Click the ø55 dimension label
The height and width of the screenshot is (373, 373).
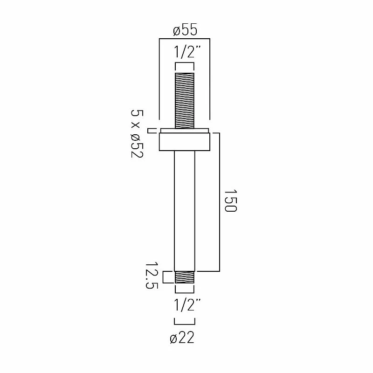(x=185, y=30)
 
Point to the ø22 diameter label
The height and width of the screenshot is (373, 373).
(x=182, y=338)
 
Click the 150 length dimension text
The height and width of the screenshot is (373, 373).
(x=230, y=200)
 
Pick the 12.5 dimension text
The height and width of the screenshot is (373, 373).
(x=152, y=276)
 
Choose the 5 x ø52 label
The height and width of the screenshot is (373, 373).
(x=137, y=133)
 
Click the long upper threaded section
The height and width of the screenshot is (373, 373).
(x=185, y=101)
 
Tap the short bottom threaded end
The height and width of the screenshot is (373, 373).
(x=185, y=277)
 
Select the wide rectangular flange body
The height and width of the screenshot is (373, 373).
(x=185, y=142)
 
